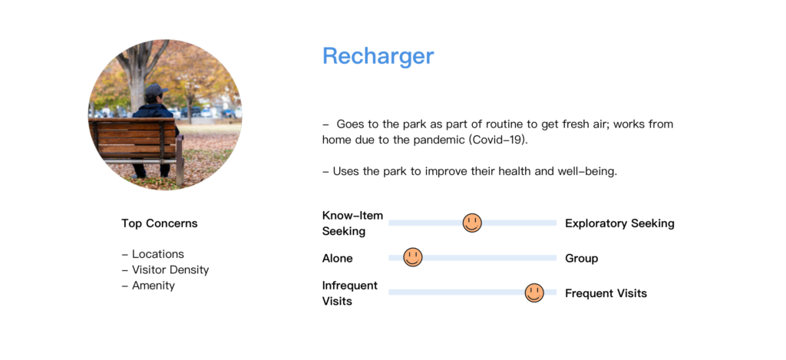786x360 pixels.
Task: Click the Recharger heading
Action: tap(378, 56)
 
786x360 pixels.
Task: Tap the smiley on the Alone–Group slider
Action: tap(412, 257)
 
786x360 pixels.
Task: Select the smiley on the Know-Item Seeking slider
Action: tap(472, 223)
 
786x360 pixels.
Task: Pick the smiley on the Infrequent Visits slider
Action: tap(534, 292)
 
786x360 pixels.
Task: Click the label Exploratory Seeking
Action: tap(619, 223)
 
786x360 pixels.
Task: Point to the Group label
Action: tap(582, 259)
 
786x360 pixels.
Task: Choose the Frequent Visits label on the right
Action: tap(606, 293)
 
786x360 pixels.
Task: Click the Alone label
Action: tap(338, 259)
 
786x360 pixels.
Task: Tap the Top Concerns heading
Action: tap(160, 223)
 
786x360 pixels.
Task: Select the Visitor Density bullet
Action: tap(166, 269)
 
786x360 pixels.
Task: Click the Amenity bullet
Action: tap(148, 286)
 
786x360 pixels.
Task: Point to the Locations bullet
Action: tap(153, 254)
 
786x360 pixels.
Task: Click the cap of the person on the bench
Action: tap(155, 91)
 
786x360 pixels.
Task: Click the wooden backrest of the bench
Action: tap(134, 138)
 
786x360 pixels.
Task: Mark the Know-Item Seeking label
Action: tap(352, 223)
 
